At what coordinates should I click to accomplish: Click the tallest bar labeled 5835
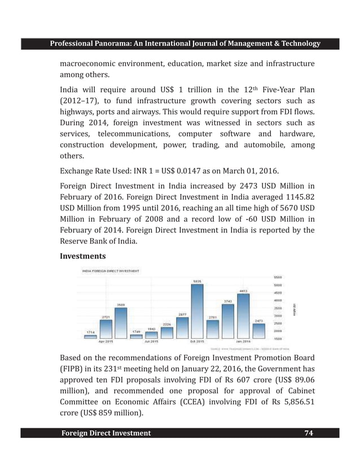coord(197,311)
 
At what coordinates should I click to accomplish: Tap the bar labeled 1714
coord(90,335)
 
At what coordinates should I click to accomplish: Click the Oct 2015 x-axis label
coord(197,342)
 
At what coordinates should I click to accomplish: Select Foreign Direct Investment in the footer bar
coord(106,433)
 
